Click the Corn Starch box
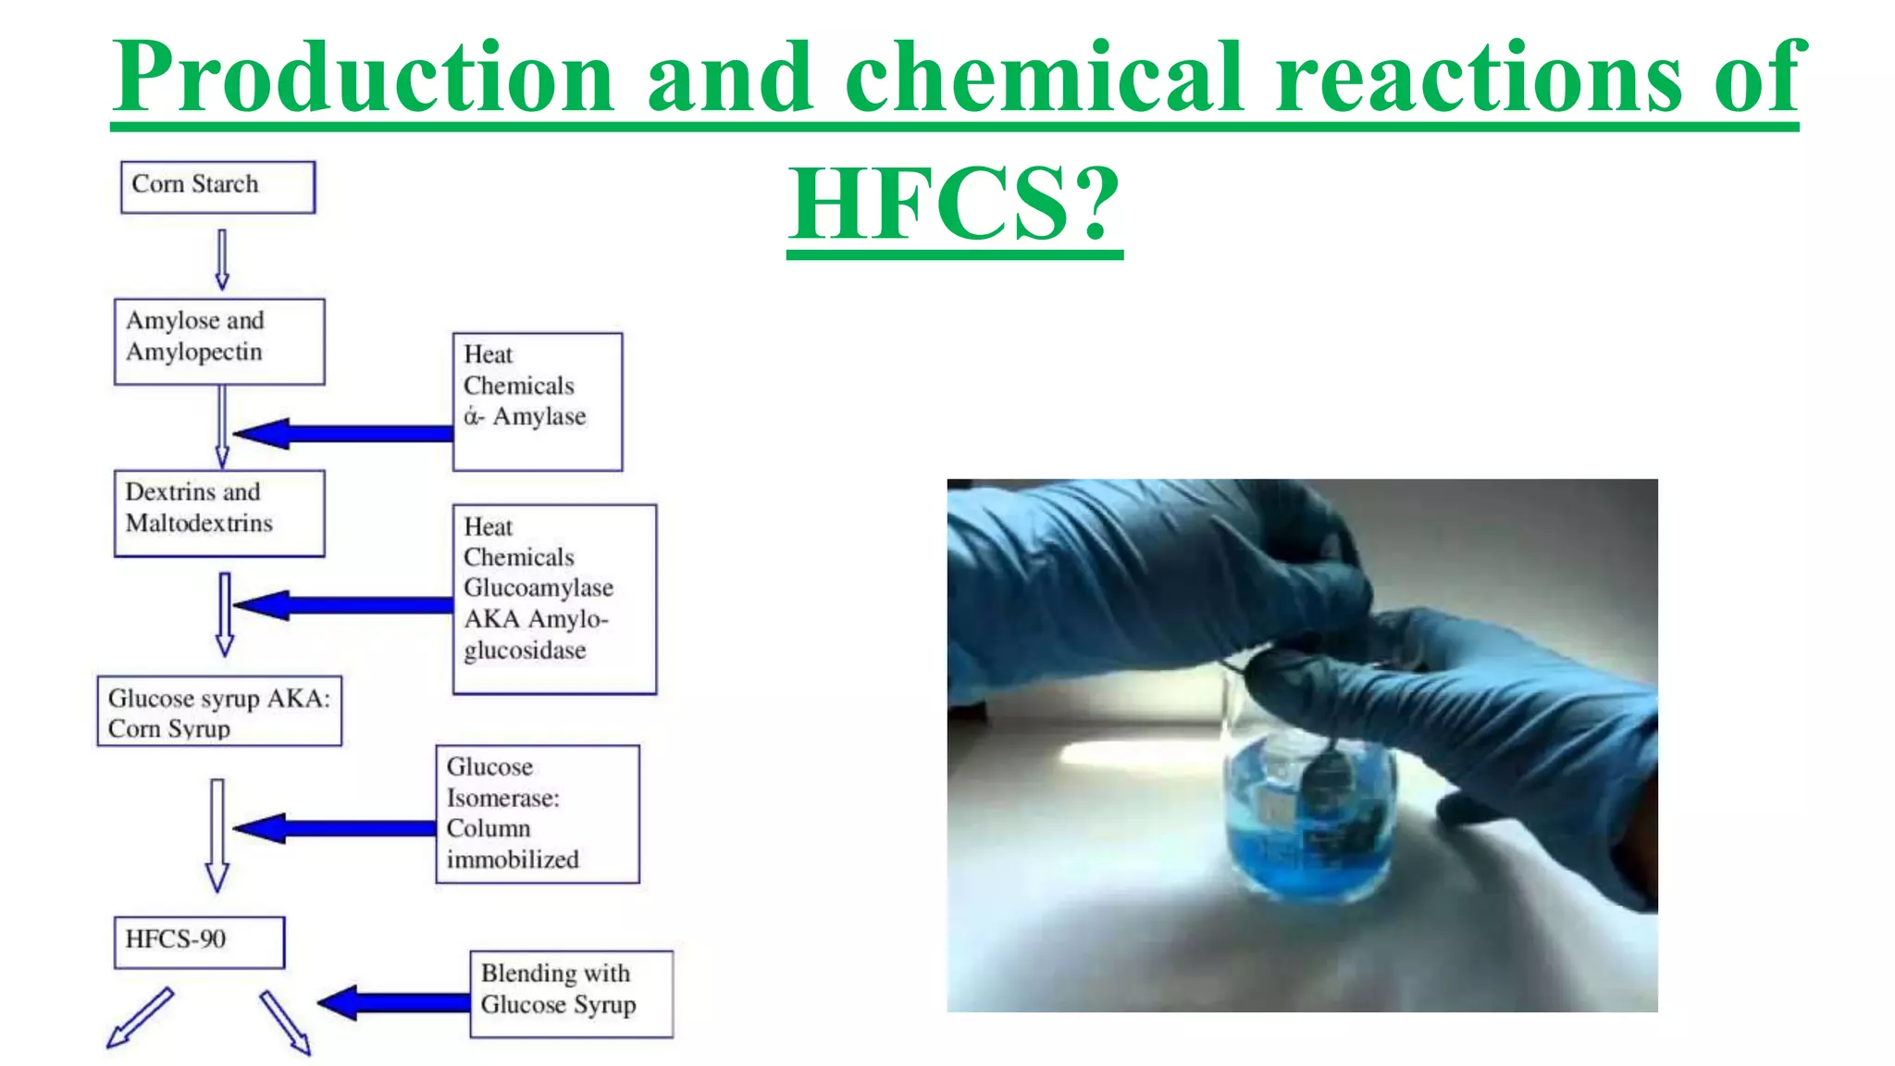(x=217, y=187)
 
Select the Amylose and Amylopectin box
(x=219, y=341)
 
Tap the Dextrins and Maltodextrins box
(x=219, y=514)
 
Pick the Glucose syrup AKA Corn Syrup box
(x=219, y=711)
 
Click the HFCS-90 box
(x=199, y=942)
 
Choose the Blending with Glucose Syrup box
(x=571, y=994)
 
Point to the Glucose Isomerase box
(x=538, y=813)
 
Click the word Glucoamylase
(x=538, y=589)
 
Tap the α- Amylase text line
(x=525, y=417)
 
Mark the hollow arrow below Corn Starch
(x=222, y=260)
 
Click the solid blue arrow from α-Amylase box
(x=342, y=433)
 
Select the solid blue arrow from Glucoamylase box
(x=342, y=605)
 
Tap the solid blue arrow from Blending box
(x=393, y=1002)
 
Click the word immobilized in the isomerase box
(x=513, y=860)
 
